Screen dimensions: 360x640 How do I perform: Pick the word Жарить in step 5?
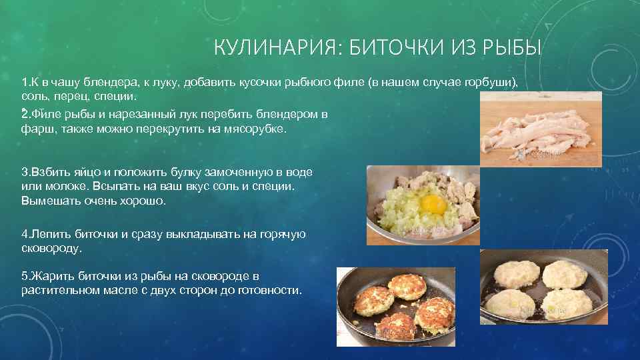pyautogui.click(x=53, y=277)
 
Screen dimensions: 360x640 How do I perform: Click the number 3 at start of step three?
pyautogui.click(x=25, y=172)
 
